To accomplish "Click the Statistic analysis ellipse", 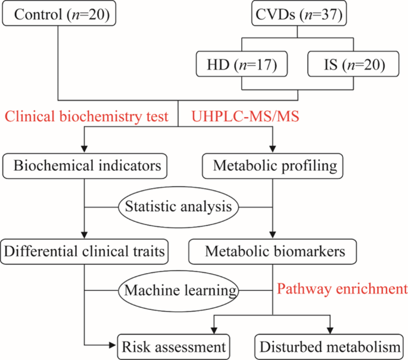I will click(179, 208).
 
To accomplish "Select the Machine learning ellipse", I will click(179, 291).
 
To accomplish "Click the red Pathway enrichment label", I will click(342, 290).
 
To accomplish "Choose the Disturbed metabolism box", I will click(328, 345).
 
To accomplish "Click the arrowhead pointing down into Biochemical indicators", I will click(85, 151).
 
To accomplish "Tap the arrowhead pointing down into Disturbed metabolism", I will click(329, 330).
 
